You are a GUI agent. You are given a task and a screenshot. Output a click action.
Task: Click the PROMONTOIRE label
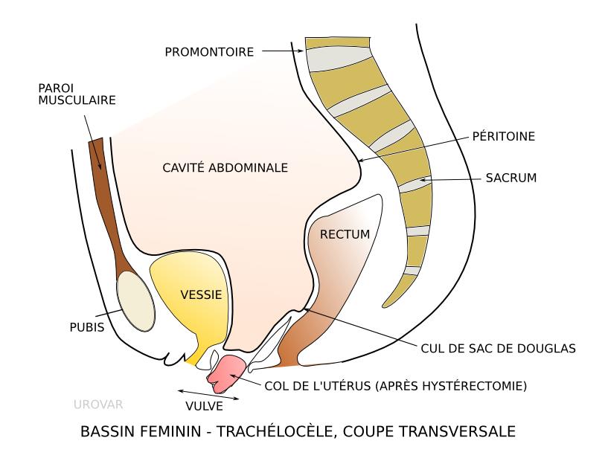coord(210,51)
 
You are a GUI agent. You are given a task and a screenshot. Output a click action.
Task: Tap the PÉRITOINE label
coord(504,137)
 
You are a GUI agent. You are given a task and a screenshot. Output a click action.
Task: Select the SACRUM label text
coord(510,178)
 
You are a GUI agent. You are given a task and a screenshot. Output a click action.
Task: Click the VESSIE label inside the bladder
coord(201,294)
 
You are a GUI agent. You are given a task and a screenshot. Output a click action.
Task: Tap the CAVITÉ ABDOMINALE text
coord(225,167)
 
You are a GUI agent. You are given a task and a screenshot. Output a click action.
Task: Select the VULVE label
coord(204,406)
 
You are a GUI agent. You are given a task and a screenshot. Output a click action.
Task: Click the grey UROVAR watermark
coord(98,405)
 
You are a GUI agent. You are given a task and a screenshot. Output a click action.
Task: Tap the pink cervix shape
coord(226,371)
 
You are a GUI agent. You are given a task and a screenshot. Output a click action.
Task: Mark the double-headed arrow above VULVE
coord(208,393)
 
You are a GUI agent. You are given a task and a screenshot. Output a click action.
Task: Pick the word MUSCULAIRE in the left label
coord(77,100)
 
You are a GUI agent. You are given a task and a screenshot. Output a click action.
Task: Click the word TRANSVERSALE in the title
coord(465,431)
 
